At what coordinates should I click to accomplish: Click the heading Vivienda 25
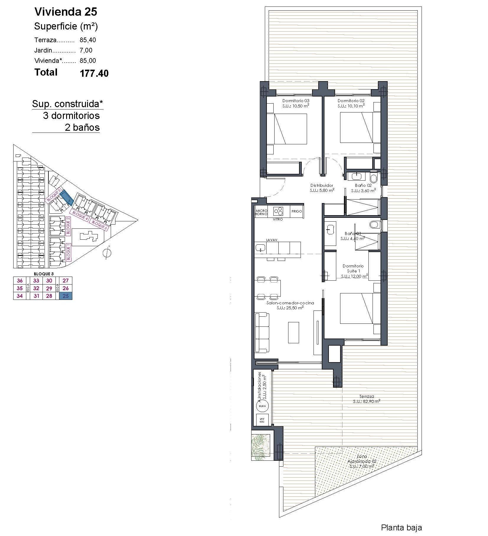click(x=66, y=12)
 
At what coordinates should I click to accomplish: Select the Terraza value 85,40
click(x=88, y=40)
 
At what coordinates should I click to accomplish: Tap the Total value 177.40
click(x=94, y=73)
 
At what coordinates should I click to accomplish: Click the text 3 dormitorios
click(x=71, y=115)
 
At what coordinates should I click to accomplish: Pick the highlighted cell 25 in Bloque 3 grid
click(x=66, y=296)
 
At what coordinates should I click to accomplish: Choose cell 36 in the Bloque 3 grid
click(x=20, y=280)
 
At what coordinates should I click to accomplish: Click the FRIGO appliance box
click(x=296, y=211)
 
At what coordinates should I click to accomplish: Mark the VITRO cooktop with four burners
click(x=278, y=211)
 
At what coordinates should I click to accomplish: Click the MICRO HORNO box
click(x=261, y=212)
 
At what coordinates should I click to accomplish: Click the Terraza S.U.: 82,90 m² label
click(x=366, y=399)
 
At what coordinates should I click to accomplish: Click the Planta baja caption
click(x=401, y=527)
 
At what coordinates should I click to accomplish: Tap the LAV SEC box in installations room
click(x=262, y=420)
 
